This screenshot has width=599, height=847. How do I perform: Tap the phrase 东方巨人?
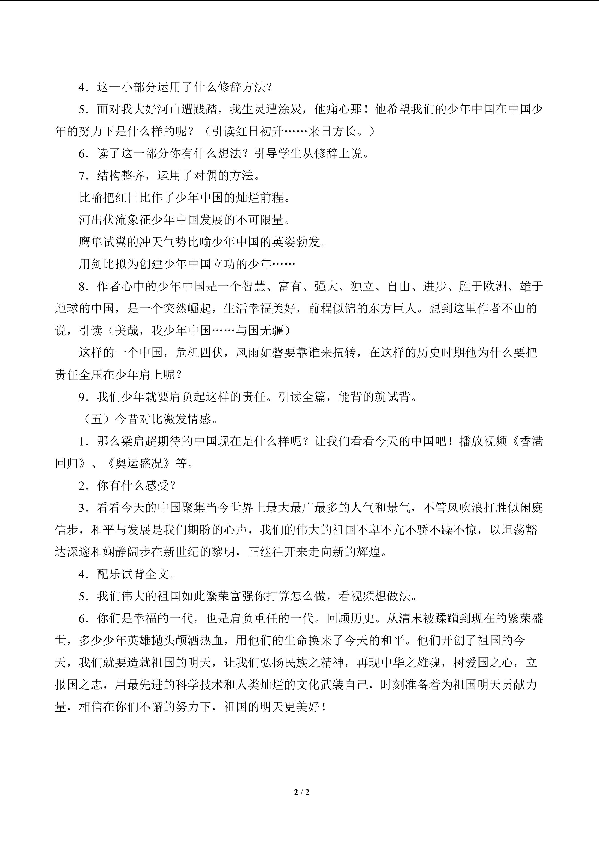(393, 308)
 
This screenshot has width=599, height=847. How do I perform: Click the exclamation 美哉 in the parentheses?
(127, 331)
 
